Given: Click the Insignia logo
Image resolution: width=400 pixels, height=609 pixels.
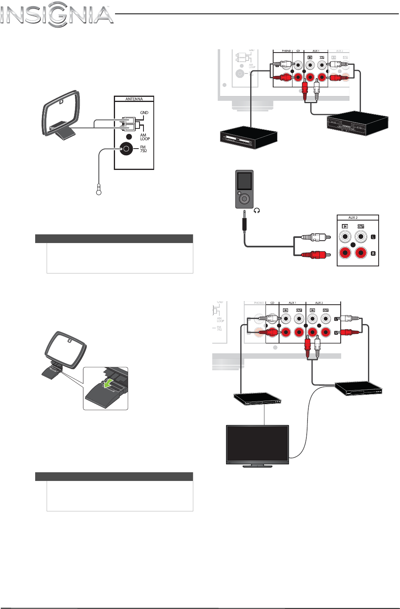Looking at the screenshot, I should pos(57,15).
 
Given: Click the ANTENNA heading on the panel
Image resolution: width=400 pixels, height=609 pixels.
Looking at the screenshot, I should pos(134,99).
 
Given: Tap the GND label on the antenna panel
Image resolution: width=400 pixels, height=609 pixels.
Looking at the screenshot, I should pos(144,113).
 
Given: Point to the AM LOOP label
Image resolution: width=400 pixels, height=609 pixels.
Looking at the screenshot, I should pos(145,137).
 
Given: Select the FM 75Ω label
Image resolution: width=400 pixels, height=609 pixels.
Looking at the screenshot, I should pos(143,149).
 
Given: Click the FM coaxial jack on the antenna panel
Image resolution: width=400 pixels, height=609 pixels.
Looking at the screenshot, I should pos(126,149).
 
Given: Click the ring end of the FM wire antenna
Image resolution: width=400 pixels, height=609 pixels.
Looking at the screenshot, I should pos(99,192).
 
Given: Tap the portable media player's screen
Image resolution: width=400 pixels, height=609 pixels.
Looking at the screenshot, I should pos(245,181).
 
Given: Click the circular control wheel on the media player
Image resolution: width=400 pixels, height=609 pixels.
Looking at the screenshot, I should pos(245,198).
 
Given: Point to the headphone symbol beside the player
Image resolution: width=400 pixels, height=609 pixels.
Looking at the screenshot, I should pos(257,211).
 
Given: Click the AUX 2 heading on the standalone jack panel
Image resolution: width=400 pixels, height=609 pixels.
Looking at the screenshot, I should pos(353,217).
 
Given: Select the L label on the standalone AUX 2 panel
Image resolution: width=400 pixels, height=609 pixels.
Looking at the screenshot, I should pos(373,237).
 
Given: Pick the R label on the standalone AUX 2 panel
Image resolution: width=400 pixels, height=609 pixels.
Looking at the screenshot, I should pos(373,253).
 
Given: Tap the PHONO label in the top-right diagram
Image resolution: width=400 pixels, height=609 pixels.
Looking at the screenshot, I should pos(286,51).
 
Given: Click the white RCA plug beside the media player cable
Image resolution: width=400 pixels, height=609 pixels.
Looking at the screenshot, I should pos(315,238).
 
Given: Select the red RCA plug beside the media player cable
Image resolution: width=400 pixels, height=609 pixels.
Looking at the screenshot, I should pos(315,255).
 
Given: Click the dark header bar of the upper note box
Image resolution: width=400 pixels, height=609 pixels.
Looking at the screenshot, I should pos(114,239).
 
